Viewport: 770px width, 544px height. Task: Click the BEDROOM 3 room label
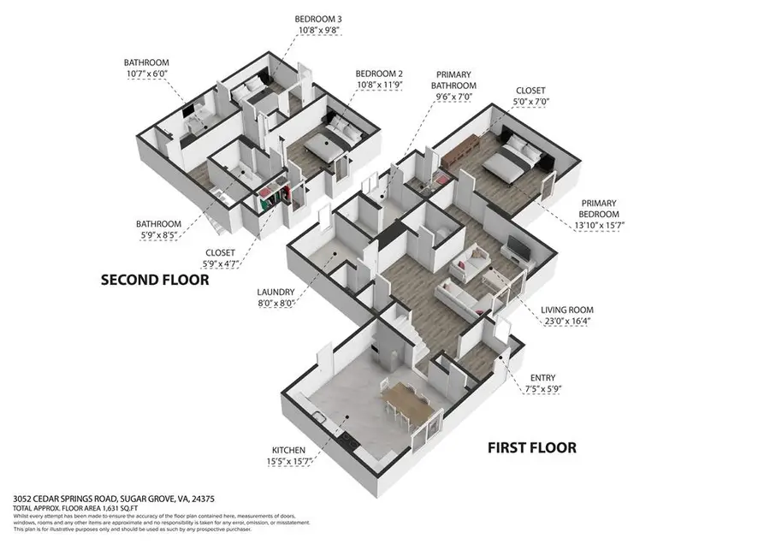click(x=317, y=19)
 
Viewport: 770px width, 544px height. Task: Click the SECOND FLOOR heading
click(x=155, y=280)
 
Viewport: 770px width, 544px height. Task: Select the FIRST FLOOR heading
click(x=531, y=447)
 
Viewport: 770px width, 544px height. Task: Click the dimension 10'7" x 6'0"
click(x=146, y=74)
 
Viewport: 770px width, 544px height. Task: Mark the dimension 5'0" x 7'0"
click(x=530, y=101)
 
